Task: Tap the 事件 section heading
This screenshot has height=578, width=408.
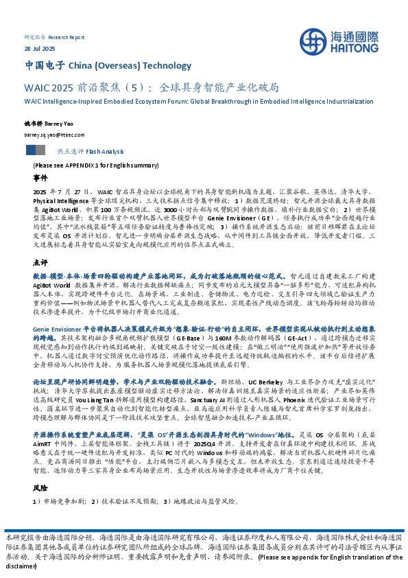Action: coord(40,177)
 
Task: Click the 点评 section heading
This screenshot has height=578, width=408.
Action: coord(40,243)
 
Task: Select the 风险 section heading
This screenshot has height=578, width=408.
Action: coord(40,507)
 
